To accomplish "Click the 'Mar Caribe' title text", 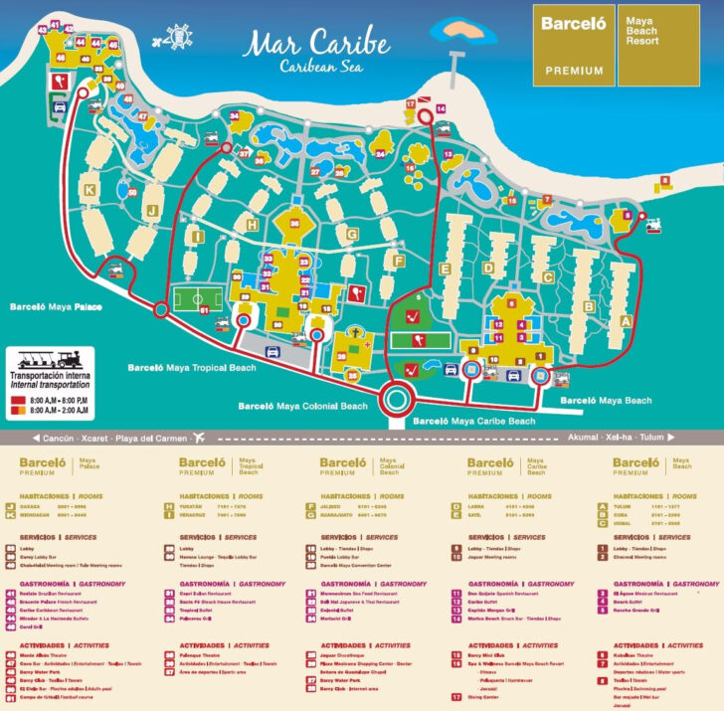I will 304,45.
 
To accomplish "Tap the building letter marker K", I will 90,188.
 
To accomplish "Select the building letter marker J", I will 153,210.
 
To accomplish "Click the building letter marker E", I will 447,268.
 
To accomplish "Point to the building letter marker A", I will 626,320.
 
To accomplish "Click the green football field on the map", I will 194,298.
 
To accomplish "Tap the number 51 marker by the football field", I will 204,311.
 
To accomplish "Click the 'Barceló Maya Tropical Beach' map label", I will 191,368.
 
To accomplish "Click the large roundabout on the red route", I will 396,401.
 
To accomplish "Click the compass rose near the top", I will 179,37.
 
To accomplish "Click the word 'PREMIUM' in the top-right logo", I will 574,71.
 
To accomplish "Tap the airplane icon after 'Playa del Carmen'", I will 200,438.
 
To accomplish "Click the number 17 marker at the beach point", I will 410,103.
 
